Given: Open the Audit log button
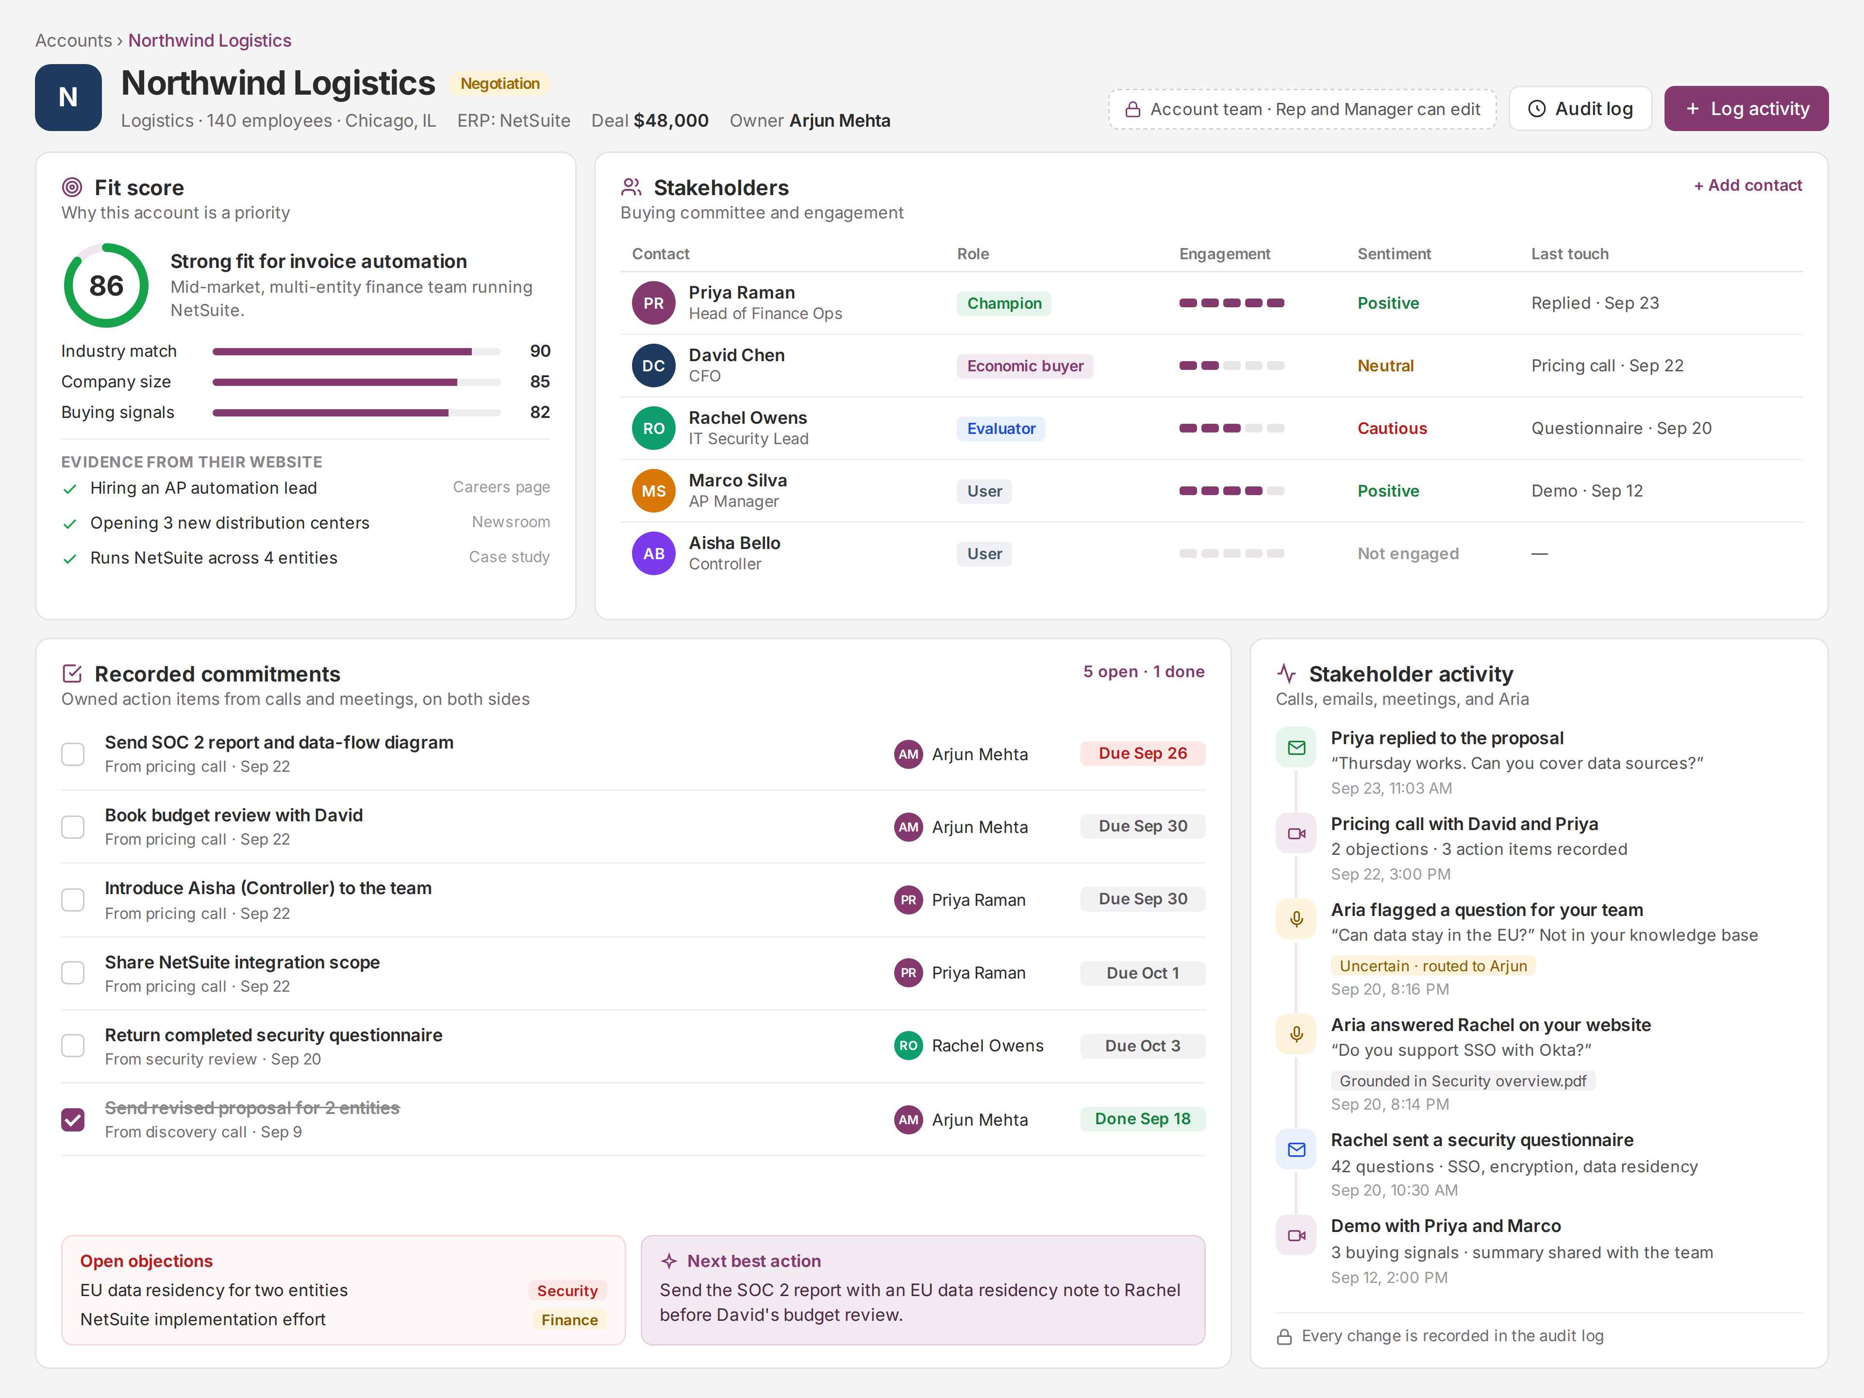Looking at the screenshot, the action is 1581,109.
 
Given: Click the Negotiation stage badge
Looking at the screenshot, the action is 499,83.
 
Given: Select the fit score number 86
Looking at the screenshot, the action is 106,285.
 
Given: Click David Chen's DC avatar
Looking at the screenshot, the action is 653,366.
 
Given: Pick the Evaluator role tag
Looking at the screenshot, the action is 1000,428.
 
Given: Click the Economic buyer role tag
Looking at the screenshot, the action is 1025,366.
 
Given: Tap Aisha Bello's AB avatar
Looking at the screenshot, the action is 653,554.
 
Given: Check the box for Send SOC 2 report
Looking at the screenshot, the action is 73,754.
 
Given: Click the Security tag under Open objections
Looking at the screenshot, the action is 567,1290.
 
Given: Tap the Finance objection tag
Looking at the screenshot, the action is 570,1320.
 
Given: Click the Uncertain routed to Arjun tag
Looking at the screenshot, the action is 1432,965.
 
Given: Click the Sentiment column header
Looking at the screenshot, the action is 1394,254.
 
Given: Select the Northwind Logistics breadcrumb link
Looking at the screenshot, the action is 210,40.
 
